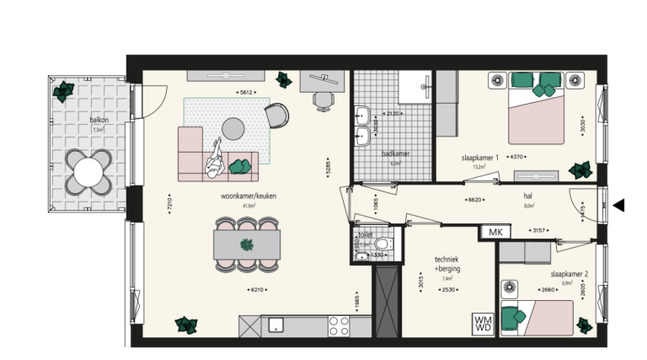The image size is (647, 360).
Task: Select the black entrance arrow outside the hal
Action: [x=619, y=205]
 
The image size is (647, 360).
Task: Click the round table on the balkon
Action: [x=88, y=172]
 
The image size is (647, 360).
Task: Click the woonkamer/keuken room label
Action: [x=248, y=196]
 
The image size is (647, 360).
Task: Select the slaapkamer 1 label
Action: [x=480, y=158]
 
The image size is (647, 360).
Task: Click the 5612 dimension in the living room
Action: [x=247, y=93]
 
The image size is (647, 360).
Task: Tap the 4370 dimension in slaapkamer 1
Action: [x=516, y=156]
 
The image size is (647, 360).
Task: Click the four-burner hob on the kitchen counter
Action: [x=339, y=325]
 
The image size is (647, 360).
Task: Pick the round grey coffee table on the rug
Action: [x=233, y=128]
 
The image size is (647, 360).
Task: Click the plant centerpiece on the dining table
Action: [x=248, y=245]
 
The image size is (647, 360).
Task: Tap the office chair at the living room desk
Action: [x=323, y=99]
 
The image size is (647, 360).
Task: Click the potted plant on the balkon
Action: [x=63, y=90]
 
